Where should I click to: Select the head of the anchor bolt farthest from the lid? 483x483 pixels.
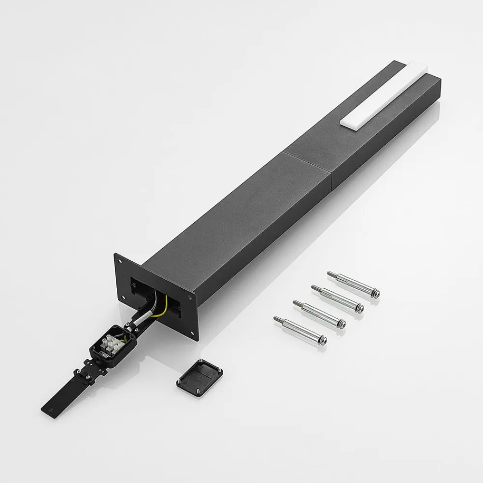tap(374, 293)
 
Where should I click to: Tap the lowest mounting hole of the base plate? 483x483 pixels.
tap(194, 332)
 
